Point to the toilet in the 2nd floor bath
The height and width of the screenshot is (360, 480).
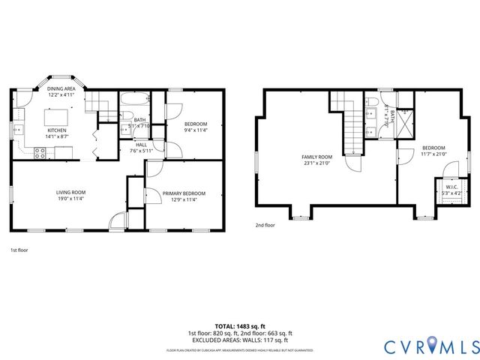point(373,101)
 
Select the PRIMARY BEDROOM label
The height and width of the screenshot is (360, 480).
point(184,193)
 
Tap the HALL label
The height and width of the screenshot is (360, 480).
point(141,145)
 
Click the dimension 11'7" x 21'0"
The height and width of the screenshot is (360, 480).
point(433,154)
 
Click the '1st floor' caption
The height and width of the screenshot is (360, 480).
point(19,249)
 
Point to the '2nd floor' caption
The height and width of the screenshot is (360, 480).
point(265,224)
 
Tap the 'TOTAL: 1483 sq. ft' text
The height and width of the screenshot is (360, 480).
point(239,326)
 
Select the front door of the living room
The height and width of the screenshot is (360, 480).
point(117,220)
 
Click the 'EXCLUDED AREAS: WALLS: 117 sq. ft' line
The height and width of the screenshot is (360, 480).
point(239,340)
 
